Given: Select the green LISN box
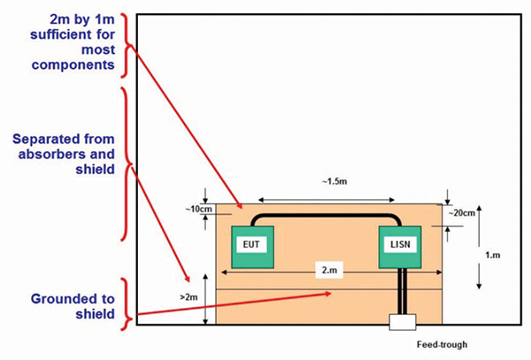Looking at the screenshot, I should pos(400,247).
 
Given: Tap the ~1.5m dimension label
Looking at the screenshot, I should pos(329,183).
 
